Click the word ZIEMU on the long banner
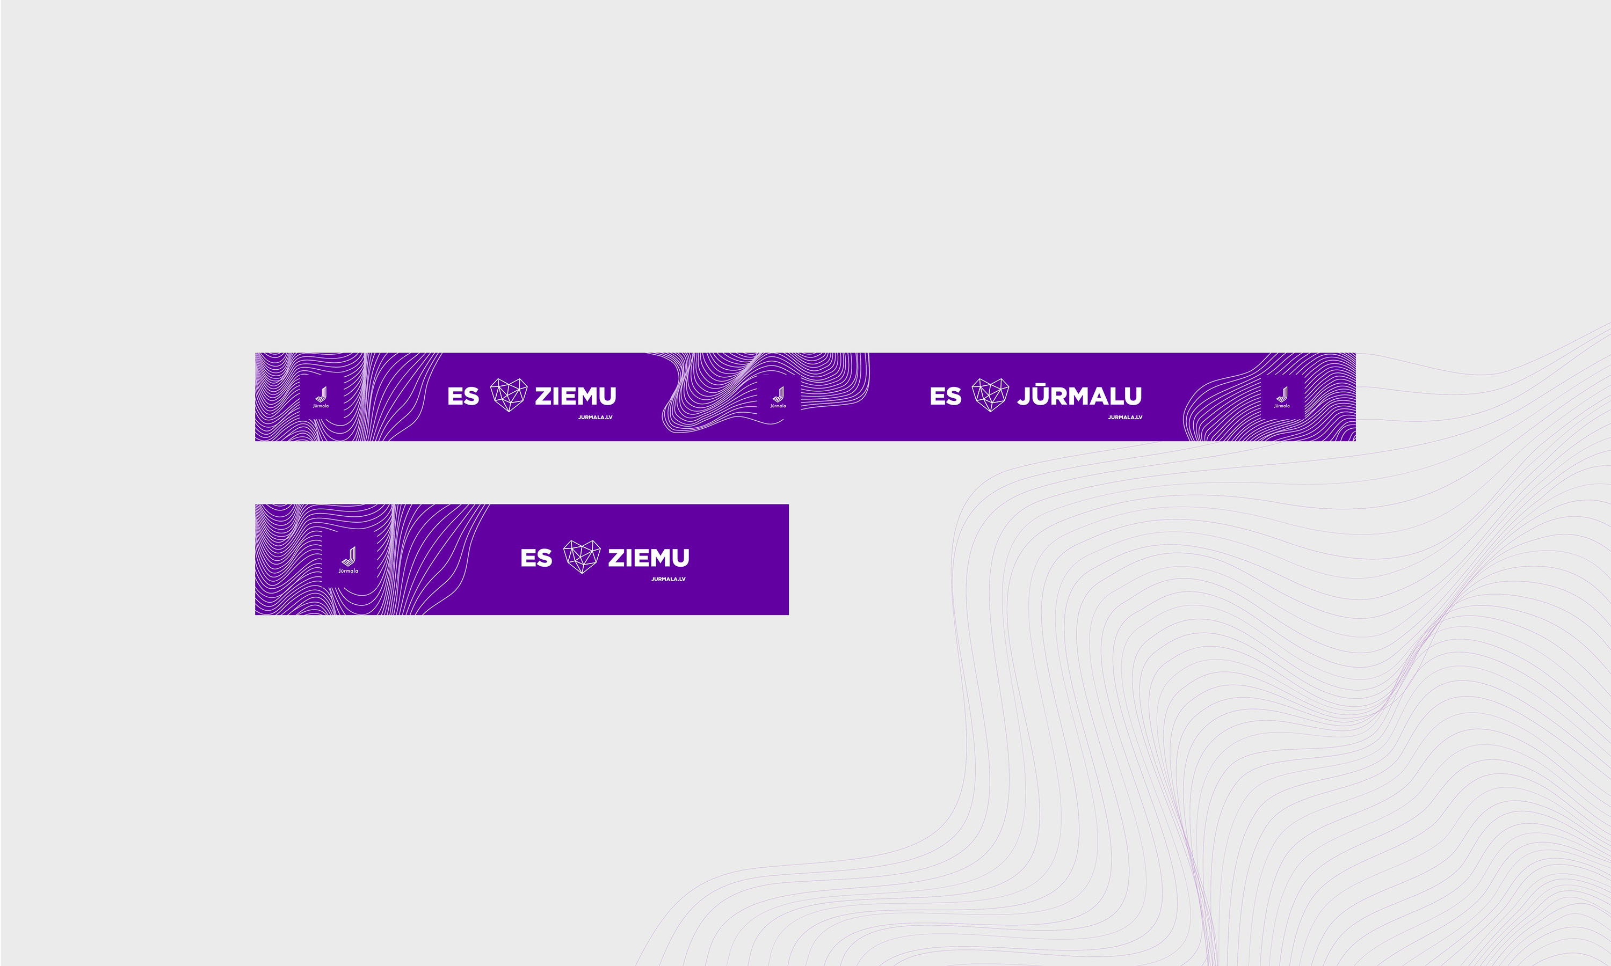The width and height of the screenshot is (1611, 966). point(576,396)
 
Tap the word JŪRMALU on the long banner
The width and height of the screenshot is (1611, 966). point(1080,394)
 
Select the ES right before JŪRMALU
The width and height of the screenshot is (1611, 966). point(946,396)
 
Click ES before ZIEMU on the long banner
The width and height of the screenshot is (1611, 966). point(463,396)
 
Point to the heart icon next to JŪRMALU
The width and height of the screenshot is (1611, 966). point(990,395)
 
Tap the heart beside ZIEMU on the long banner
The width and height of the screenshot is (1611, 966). point(509,395)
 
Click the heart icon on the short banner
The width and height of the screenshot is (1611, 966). point(582,557)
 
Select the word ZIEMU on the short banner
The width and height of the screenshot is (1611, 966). point(649,558)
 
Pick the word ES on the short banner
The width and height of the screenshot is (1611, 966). point(536,558)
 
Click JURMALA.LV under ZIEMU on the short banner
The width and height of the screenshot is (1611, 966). point(668,579)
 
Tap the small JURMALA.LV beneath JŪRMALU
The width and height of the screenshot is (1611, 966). point(1125,417)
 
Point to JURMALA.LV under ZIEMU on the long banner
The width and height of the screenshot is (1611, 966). point(595,417)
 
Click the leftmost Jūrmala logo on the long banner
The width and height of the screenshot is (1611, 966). point(321,397)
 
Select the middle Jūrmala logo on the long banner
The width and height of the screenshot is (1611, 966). point(778,397)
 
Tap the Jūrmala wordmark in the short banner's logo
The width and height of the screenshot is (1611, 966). point(349,571)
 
